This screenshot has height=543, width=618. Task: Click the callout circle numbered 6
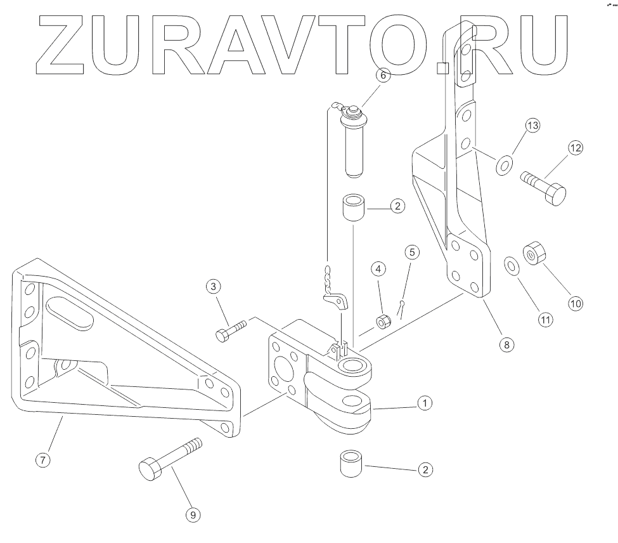(383, 75)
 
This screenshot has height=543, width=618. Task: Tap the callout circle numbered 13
(531, 126)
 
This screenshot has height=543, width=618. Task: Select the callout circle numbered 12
(575, 148)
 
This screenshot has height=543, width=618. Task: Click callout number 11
(545, 319)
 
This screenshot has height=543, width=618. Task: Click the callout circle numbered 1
(425, 403)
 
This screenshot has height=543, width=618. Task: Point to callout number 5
(411, 252)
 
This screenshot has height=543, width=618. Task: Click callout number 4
(378, 269)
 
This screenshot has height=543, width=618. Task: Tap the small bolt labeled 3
(231, 332)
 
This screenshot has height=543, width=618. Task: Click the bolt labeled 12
(544, 186)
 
